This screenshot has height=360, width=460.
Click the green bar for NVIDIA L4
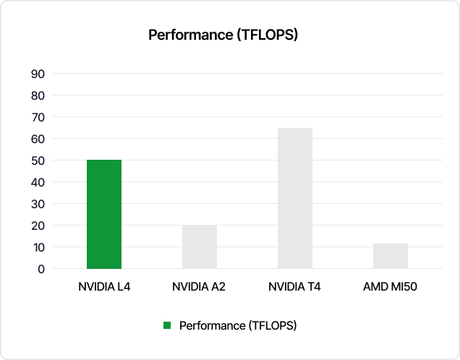coord(104,214)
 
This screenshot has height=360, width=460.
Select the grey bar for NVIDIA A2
coord(199,247)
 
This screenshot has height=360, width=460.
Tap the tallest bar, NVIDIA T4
coord(294,198)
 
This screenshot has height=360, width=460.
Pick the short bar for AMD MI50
coord(391,256)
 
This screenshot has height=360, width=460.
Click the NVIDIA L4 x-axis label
coord(104,287)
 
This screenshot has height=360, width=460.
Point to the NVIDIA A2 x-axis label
coord(199,287)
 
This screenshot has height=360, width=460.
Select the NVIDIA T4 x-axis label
coord(294,287)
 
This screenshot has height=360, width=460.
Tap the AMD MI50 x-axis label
coord(391,287)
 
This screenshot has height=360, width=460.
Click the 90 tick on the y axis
coord(38,74)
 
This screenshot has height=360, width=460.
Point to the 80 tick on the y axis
coord(38,95)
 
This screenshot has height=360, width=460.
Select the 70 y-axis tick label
coord(38,117)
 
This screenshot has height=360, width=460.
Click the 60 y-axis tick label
coord(38,139)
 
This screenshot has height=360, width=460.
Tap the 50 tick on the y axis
coord(38,160)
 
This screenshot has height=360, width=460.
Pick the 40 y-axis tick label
coord(38,182)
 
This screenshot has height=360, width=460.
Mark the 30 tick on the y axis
coord(38,204)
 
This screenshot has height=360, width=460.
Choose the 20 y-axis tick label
coord(38,226)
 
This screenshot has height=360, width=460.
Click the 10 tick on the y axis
coord(38,247)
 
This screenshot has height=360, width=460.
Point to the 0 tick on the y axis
coord(41,269)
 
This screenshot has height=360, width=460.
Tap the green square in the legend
coord(167,326)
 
